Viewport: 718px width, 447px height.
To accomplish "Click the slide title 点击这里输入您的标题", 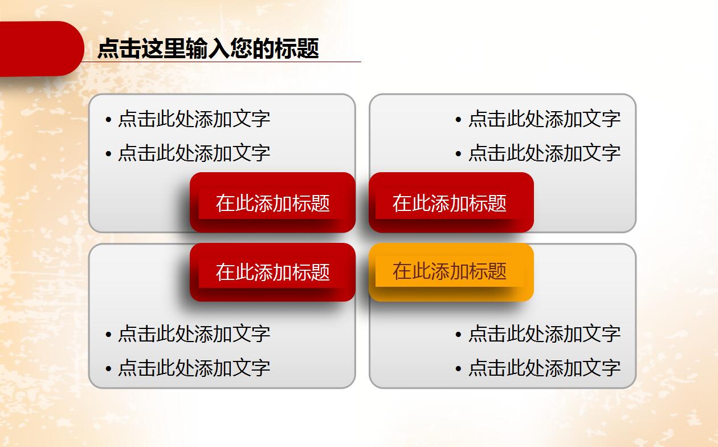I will pyautogui.click(x=208, y=48).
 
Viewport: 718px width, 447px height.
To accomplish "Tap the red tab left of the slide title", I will pyautogui.click(x=40, y=48).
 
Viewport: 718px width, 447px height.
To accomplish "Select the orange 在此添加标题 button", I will pyautogui.click(x=451, y=272).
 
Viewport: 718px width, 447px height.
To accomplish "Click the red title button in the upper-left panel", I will pyautogui.click(x=272, y=203).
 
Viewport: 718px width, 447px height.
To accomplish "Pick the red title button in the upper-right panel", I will pyautogui.click(x=451, y=203).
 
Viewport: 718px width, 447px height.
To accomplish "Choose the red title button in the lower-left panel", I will pyautogui.click(x=272, y=272).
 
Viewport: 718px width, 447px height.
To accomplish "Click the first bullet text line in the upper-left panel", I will pyautogui.click(x=194, y=119).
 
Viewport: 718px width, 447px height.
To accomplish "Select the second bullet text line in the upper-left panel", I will pyautogui.click(x=194, y=153).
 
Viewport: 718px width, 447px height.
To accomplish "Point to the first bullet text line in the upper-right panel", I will pyautogui.click(x=544, y=119).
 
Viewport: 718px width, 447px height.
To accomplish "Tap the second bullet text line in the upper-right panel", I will pyautogui.click(x=544, y=153).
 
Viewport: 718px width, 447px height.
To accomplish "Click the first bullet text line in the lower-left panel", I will pyautogui.click(x=194, y=334).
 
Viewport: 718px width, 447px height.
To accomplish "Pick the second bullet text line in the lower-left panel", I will pyautogui.click(x=194, y=368).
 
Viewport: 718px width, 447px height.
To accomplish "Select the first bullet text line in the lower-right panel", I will pyautogui.click(x=544, y=334).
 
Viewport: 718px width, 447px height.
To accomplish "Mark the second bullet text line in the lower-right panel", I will pyautogui.click(x=544, y=368).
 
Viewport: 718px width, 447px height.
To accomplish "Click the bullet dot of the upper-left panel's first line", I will pyautogui.click(x=108, y=120).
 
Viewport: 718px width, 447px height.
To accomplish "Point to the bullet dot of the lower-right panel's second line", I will pyautogui.click(x=458, y=369).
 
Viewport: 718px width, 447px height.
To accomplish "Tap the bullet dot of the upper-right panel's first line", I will pyautogui.click(x=458, y=120).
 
